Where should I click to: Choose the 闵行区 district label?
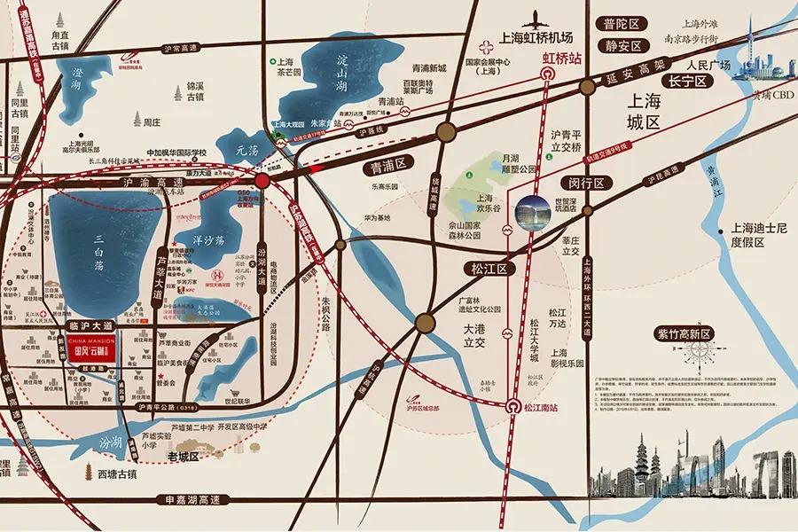coord(587,184)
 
